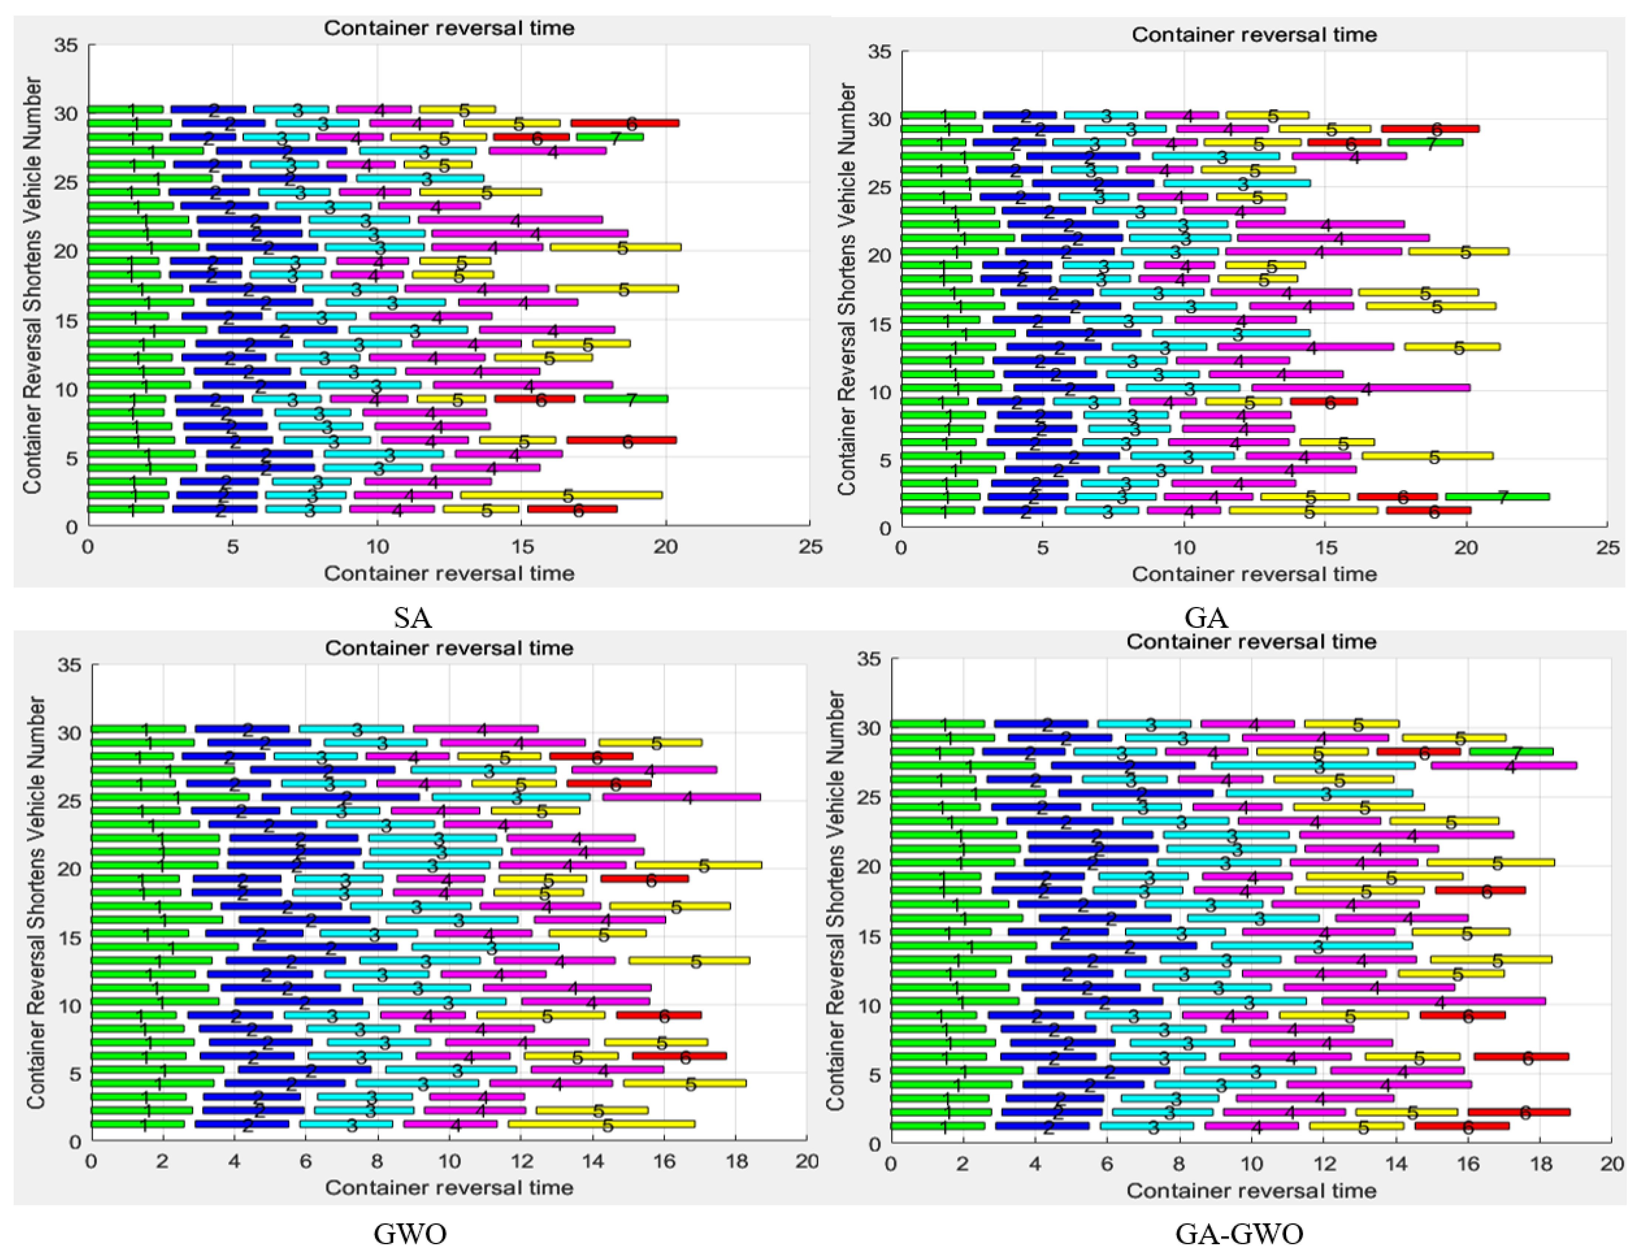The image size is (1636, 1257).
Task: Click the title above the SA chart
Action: point(449,28)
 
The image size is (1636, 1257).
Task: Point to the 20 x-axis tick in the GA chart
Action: point(1466,548)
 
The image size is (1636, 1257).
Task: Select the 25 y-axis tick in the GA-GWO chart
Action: point(869,798)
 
